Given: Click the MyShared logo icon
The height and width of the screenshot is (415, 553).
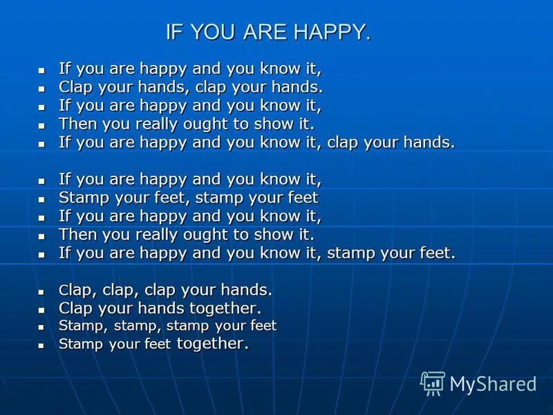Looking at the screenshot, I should pyautogui.click(x=433, y=383).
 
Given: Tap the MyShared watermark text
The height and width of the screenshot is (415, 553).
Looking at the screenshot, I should pyautogui.click(x=493, y=384).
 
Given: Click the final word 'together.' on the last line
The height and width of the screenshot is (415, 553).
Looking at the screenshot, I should pyautogui.click(x=212, y=343).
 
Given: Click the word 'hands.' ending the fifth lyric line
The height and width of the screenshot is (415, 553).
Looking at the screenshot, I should pyautogui.click(x=431, y=142).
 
